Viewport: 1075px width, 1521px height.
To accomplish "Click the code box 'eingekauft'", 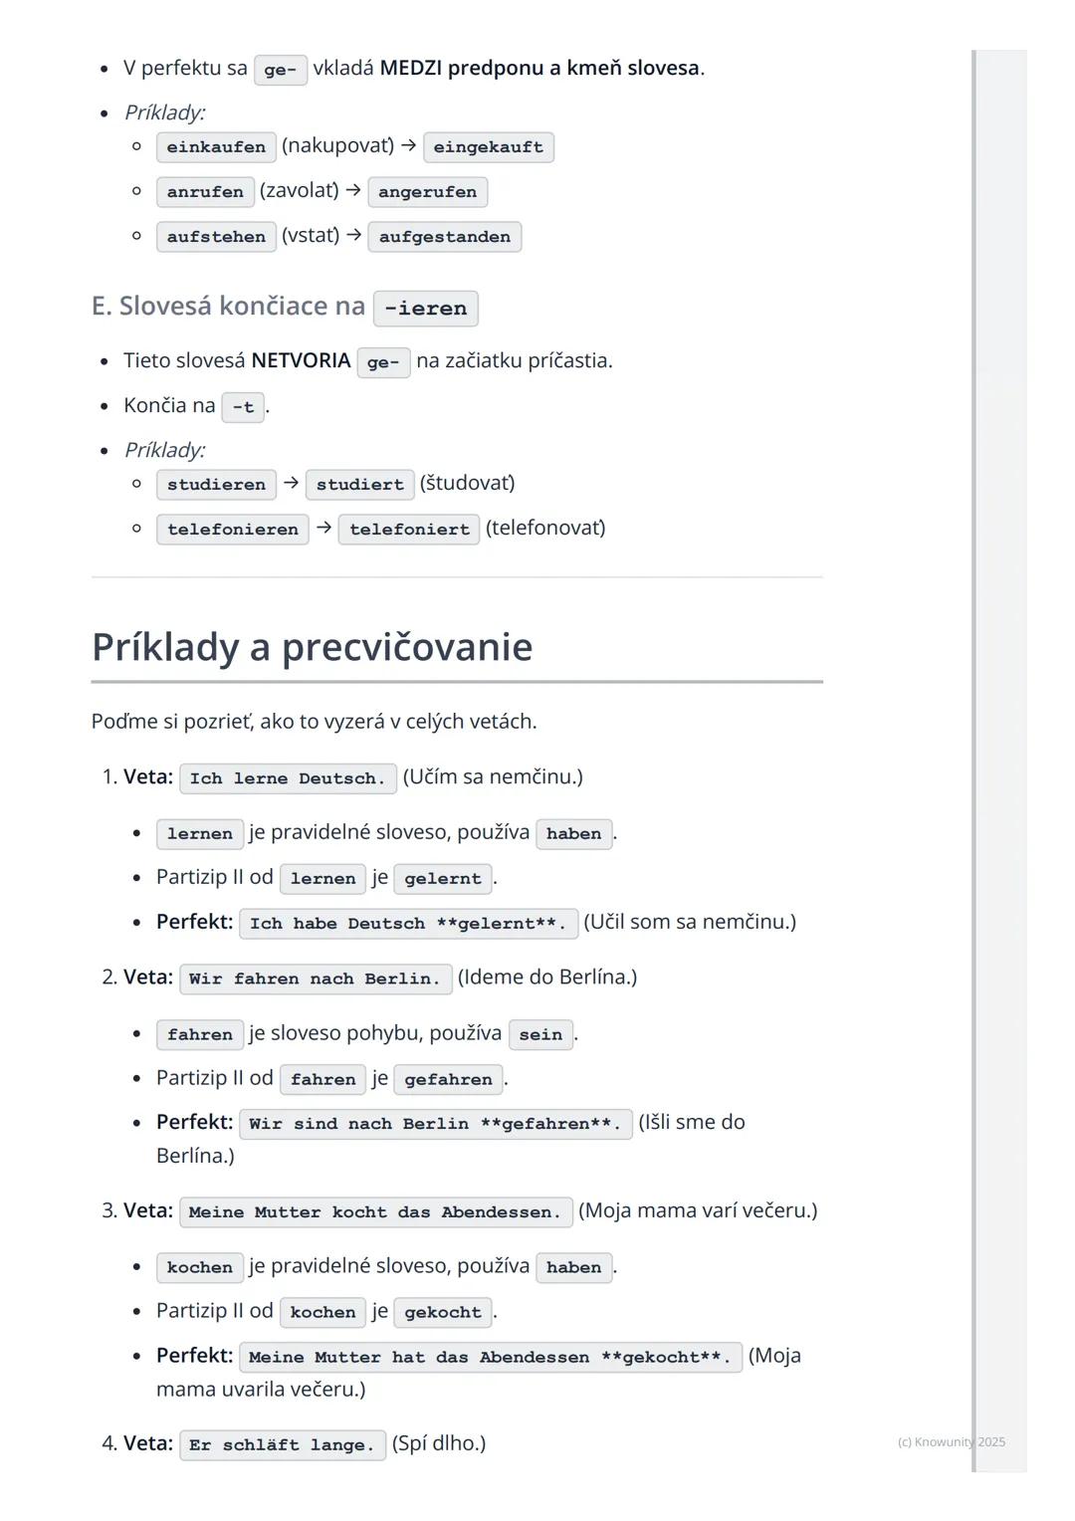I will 488,147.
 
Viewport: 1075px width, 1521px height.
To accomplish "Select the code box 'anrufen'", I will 205,192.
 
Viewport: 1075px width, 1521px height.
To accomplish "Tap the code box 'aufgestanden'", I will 444,237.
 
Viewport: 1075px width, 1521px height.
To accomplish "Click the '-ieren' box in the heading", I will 425,309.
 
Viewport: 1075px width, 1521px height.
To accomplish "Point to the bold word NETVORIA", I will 301,360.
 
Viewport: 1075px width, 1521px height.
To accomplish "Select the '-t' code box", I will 243,407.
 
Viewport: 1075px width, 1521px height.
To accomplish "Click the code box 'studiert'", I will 359,485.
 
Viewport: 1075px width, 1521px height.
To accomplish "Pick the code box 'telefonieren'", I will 232,530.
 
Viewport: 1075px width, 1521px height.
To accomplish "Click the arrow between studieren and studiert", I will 291,483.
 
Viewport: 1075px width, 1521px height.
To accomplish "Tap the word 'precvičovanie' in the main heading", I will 407,647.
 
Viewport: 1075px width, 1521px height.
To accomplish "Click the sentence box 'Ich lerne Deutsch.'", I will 287,778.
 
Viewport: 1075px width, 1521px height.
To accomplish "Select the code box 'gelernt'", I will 442,879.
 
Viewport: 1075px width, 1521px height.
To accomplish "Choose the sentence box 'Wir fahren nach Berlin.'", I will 315,978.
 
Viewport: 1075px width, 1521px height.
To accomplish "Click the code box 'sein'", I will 540,1034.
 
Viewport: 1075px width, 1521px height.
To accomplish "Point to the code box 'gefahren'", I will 448,1079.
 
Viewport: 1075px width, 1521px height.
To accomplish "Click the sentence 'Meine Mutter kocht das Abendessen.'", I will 374,1212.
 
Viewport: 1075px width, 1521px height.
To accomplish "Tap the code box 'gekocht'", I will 442,1313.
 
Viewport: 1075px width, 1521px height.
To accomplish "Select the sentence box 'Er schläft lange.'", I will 282,1445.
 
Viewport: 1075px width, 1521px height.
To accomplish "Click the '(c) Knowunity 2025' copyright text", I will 951,1441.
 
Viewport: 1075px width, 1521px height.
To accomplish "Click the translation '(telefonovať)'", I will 545,528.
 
